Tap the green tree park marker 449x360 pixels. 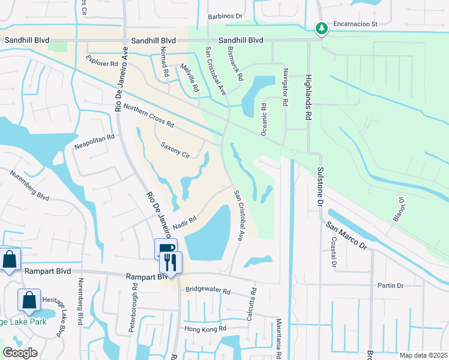point(322,28)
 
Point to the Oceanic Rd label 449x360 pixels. point(264,118)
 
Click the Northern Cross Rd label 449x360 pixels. point(148,116)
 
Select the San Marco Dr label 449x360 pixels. point(346,235)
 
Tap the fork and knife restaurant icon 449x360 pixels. point(171,262)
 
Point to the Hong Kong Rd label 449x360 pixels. point(205,328)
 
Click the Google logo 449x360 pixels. point(20,353)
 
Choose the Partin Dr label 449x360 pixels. point(390,285)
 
